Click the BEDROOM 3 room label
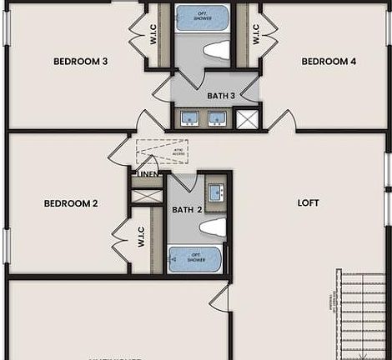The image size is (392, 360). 81,61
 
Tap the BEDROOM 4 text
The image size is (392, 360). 329,61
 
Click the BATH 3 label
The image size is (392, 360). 221,96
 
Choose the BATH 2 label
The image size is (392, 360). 188,210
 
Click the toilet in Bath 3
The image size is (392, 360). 217,50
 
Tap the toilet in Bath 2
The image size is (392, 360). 214,227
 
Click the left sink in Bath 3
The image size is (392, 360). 188,118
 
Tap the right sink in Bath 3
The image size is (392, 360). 218,118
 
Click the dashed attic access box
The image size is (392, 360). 162,152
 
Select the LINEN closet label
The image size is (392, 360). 148,174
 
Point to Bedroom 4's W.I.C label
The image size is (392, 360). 255,33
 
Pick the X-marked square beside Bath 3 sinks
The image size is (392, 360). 247,119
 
